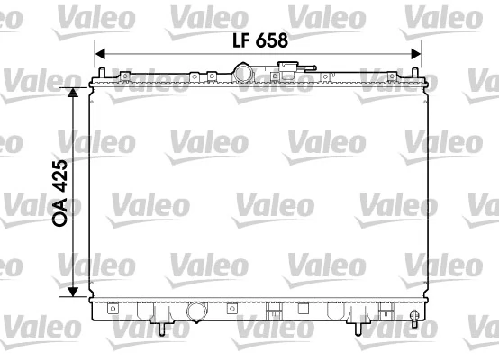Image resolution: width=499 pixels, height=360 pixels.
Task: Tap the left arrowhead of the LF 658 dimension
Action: [x=100, y=53]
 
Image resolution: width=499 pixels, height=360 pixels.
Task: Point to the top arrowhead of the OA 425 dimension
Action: [x=75, y=91]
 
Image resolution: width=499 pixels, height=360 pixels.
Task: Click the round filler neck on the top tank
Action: [x=244, y=72]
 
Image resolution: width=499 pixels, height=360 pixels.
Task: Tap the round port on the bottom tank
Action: [x=195, y=312]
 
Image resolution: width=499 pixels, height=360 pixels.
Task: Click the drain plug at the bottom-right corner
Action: [x=413, y=317]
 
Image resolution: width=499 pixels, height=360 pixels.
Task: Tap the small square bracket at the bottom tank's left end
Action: [x=113, y=309]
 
